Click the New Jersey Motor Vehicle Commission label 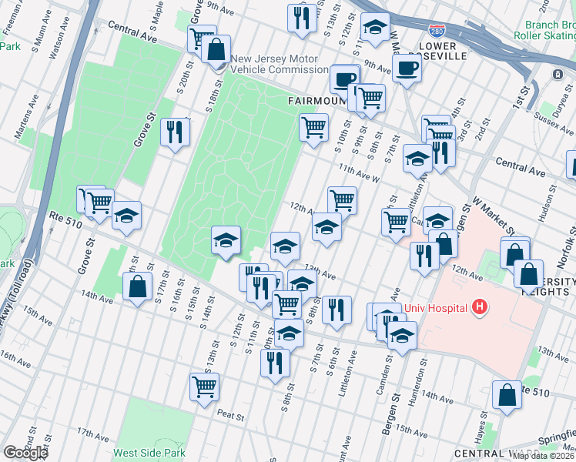coord(279,64)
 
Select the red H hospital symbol coord(480,308)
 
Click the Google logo coord(25,453)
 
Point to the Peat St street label coord(230,416)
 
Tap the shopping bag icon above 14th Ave coord(137,286)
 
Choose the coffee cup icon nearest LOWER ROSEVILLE coord(407,68)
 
